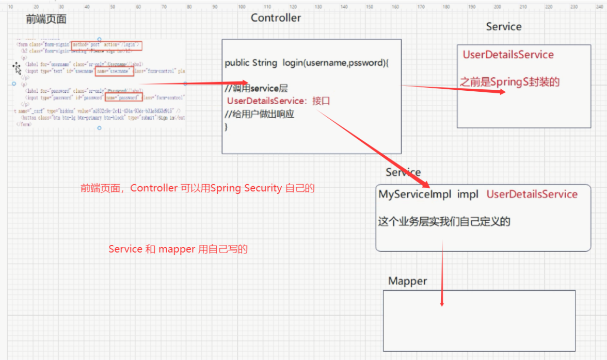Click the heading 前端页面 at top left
[x=46, y=20]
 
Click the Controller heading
[x=276, y=18]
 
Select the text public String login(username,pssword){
[x=307, y=63]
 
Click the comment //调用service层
[x=256, y=89]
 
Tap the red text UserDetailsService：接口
[x=278, y=101]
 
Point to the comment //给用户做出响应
[x=259, y=114]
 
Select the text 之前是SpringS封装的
[x=509, y=81]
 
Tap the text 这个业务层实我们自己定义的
[x=444, y=222]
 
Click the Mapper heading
[x=407, y=281]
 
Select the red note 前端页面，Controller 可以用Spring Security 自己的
[x=197, y=188]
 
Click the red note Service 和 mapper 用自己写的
[x=178, y=249]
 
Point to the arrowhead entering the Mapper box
[x=442, y=303]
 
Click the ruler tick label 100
[x=242, y=7]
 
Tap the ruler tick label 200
[x=497, y=7]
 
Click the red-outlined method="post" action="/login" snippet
[x=106, y=45]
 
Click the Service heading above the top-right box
[x=503, y=27]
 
